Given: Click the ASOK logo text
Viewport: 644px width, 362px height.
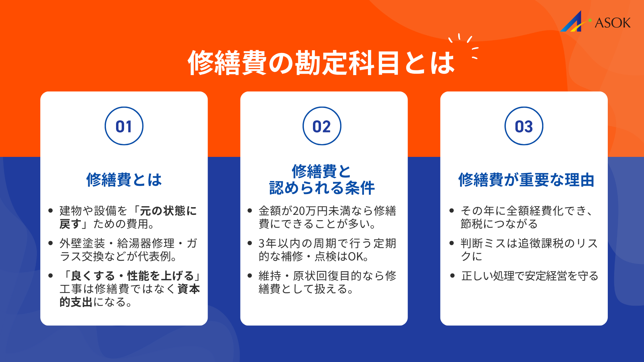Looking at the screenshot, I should tap(612, 23).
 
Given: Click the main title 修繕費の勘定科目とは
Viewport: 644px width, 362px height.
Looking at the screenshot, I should tap(321, 63).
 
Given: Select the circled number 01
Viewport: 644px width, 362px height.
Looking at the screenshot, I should tap(124, 126).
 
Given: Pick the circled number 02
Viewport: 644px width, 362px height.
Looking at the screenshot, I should tap(322, 126).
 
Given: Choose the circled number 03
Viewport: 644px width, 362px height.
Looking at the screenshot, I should tap(524, 126).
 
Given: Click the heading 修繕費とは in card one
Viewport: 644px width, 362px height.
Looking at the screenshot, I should tap(124, 180).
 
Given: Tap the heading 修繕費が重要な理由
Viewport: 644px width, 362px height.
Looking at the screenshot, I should tap(526, 180).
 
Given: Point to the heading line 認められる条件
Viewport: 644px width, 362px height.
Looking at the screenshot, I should tap(322, 188).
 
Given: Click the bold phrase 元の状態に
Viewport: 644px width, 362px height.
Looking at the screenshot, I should tap(168, 211).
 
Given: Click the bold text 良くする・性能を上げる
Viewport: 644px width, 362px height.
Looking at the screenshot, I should tap(132, 276).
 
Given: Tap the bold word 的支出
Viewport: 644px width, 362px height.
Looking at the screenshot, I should tap(76, 302).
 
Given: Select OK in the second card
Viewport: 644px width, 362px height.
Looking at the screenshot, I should tap(355, 256).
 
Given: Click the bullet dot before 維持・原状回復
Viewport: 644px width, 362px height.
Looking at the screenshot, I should tap(250, 276).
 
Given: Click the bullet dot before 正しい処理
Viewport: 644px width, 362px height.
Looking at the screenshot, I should tap(452, 276).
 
